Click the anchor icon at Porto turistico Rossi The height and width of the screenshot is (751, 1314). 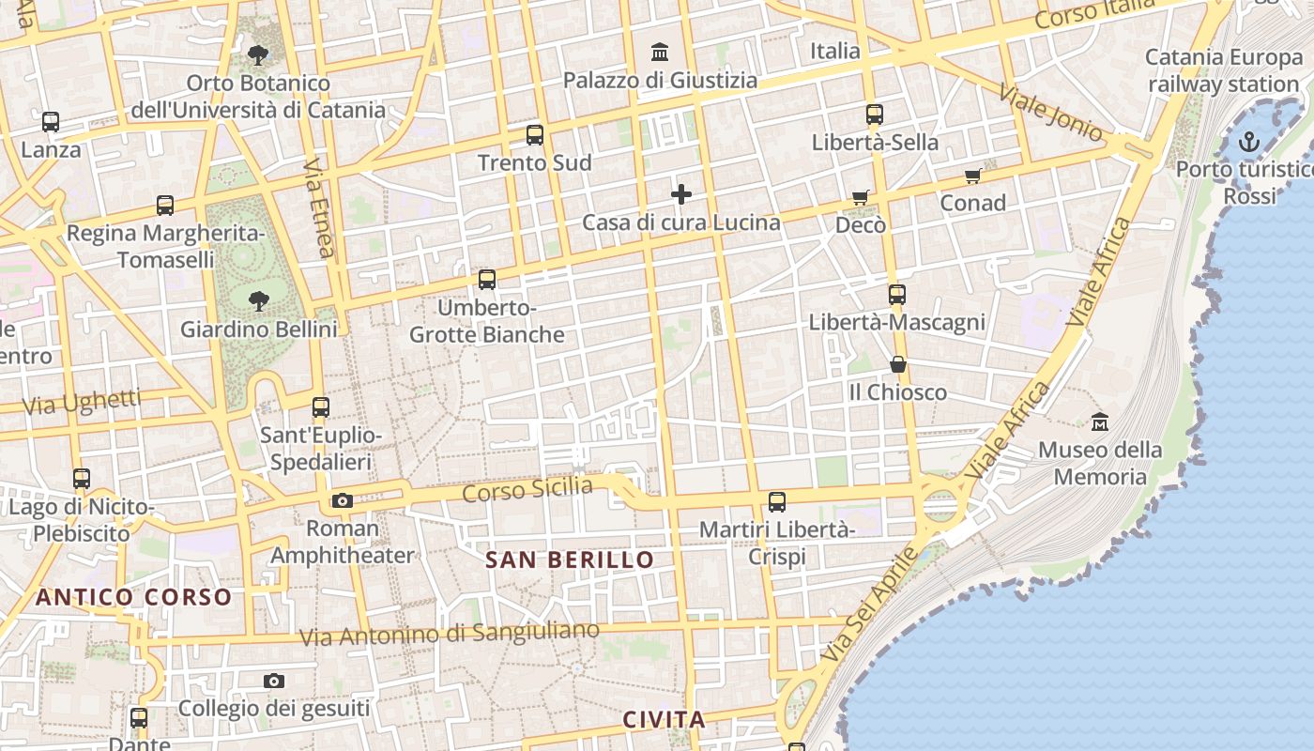coord(1248,143)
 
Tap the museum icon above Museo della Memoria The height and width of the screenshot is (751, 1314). coord(1100,422)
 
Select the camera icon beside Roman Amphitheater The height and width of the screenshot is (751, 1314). coord(343,501)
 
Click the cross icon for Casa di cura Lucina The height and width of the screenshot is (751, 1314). coord(681,194)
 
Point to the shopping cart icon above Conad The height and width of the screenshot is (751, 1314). coord(973,176)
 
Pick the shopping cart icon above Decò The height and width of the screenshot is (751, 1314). coord(861,197)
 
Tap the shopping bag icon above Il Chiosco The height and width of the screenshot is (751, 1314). coord(898,364)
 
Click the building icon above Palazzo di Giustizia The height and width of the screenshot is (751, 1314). coord(660,52)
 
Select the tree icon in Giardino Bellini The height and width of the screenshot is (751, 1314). coord(258,301)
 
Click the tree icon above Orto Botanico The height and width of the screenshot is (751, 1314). coord(258,54)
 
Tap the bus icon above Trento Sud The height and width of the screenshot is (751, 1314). coord(535,135)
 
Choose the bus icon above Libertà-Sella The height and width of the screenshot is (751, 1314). coord(875,115)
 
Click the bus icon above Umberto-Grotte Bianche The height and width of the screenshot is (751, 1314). coord(487,280)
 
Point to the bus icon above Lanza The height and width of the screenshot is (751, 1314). coord(51,122)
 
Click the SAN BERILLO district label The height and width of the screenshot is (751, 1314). coord(570,560)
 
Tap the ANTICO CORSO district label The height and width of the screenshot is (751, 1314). coord(133,597)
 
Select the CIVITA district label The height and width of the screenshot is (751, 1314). coord(664,720)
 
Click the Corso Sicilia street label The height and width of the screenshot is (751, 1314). coord(528,490)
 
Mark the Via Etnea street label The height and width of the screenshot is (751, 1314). coord(319,207)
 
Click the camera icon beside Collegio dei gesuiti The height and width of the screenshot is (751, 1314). coord(274,682)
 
